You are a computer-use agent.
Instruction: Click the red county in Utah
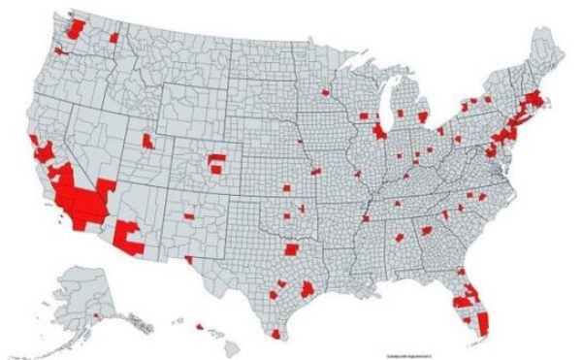click(x=147, y=142)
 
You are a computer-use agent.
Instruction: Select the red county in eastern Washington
click(x=113, y=38)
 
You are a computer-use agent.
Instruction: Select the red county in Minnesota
click(x=325, y=94)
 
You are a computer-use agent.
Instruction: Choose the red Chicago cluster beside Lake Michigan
click(x=379, y=129)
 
